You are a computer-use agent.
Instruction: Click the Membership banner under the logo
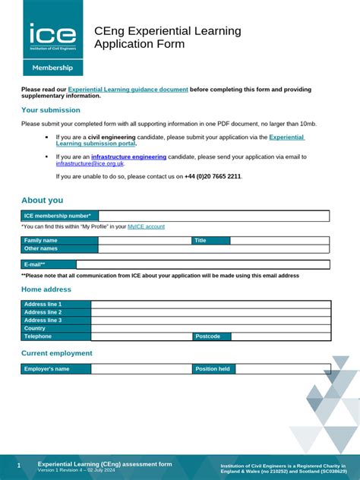[52, 68]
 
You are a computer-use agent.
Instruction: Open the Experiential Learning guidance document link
[128, 90]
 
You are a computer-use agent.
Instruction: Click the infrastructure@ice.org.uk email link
[90, 163]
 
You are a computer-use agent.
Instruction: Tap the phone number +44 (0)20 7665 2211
[213, 176]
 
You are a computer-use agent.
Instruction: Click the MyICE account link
[146, 226]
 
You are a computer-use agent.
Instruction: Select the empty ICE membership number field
[213, 216]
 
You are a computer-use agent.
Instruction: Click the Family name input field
[144, 240]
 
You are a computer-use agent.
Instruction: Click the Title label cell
[210, 240]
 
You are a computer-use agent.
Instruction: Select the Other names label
[59, 248]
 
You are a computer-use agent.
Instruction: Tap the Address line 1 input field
[210, 304]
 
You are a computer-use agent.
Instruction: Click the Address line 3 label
[56, 320]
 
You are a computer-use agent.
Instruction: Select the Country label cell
[56, 328]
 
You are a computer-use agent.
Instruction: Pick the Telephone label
[56, 336]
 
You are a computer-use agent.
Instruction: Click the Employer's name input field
[141, 369]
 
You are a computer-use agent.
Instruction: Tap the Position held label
[213, 369]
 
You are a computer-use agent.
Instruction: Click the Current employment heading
[57, 353]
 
